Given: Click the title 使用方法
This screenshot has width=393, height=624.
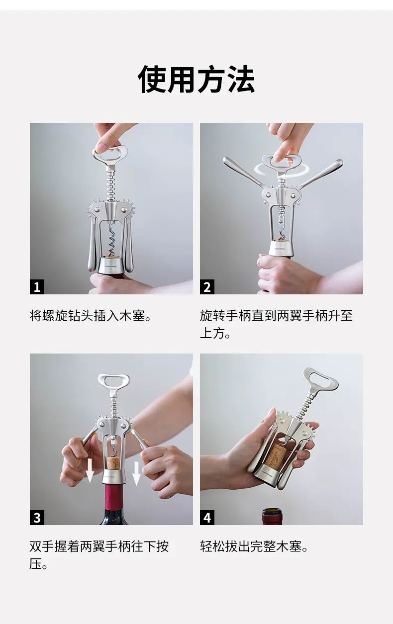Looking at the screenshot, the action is click(x=196, y=79).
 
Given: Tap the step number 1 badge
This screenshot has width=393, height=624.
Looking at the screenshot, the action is click(x=37, y=287).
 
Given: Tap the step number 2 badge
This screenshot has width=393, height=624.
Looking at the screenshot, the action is click(x=207, y=287).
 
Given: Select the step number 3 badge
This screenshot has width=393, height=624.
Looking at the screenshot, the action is click(x=37, y=518).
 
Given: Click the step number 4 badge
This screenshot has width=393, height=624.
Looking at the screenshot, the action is click(x=207, y=518).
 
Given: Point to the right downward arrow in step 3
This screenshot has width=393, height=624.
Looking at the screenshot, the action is click(x=136, y=473).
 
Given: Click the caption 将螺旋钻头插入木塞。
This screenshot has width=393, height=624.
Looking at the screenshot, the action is click(x=91, y=316).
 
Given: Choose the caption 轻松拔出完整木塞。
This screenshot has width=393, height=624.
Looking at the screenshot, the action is click(x=254, y=546).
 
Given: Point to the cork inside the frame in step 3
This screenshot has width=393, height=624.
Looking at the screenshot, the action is click(x=113, y=461).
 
